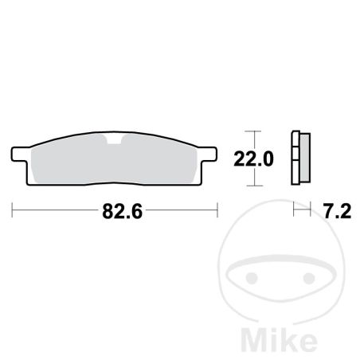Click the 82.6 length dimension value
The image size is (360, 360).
(122, 212)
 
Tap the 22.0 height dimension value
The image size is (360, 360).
(253, 159)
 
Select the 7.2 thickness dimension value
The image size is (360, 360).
(337, 212)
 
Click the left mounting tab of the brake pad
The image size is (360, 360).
(19, 154)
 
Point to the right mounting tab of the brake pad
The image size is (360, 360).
(209, 154)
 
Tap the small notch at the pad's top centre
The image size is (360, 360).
(114, 139)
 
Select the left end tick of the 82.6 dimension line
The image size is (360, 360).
(12, 210)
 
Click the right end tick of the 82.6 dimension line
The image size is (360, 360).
(217, 210)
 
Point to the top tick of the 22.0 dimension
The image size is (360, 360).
(252, 131)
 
